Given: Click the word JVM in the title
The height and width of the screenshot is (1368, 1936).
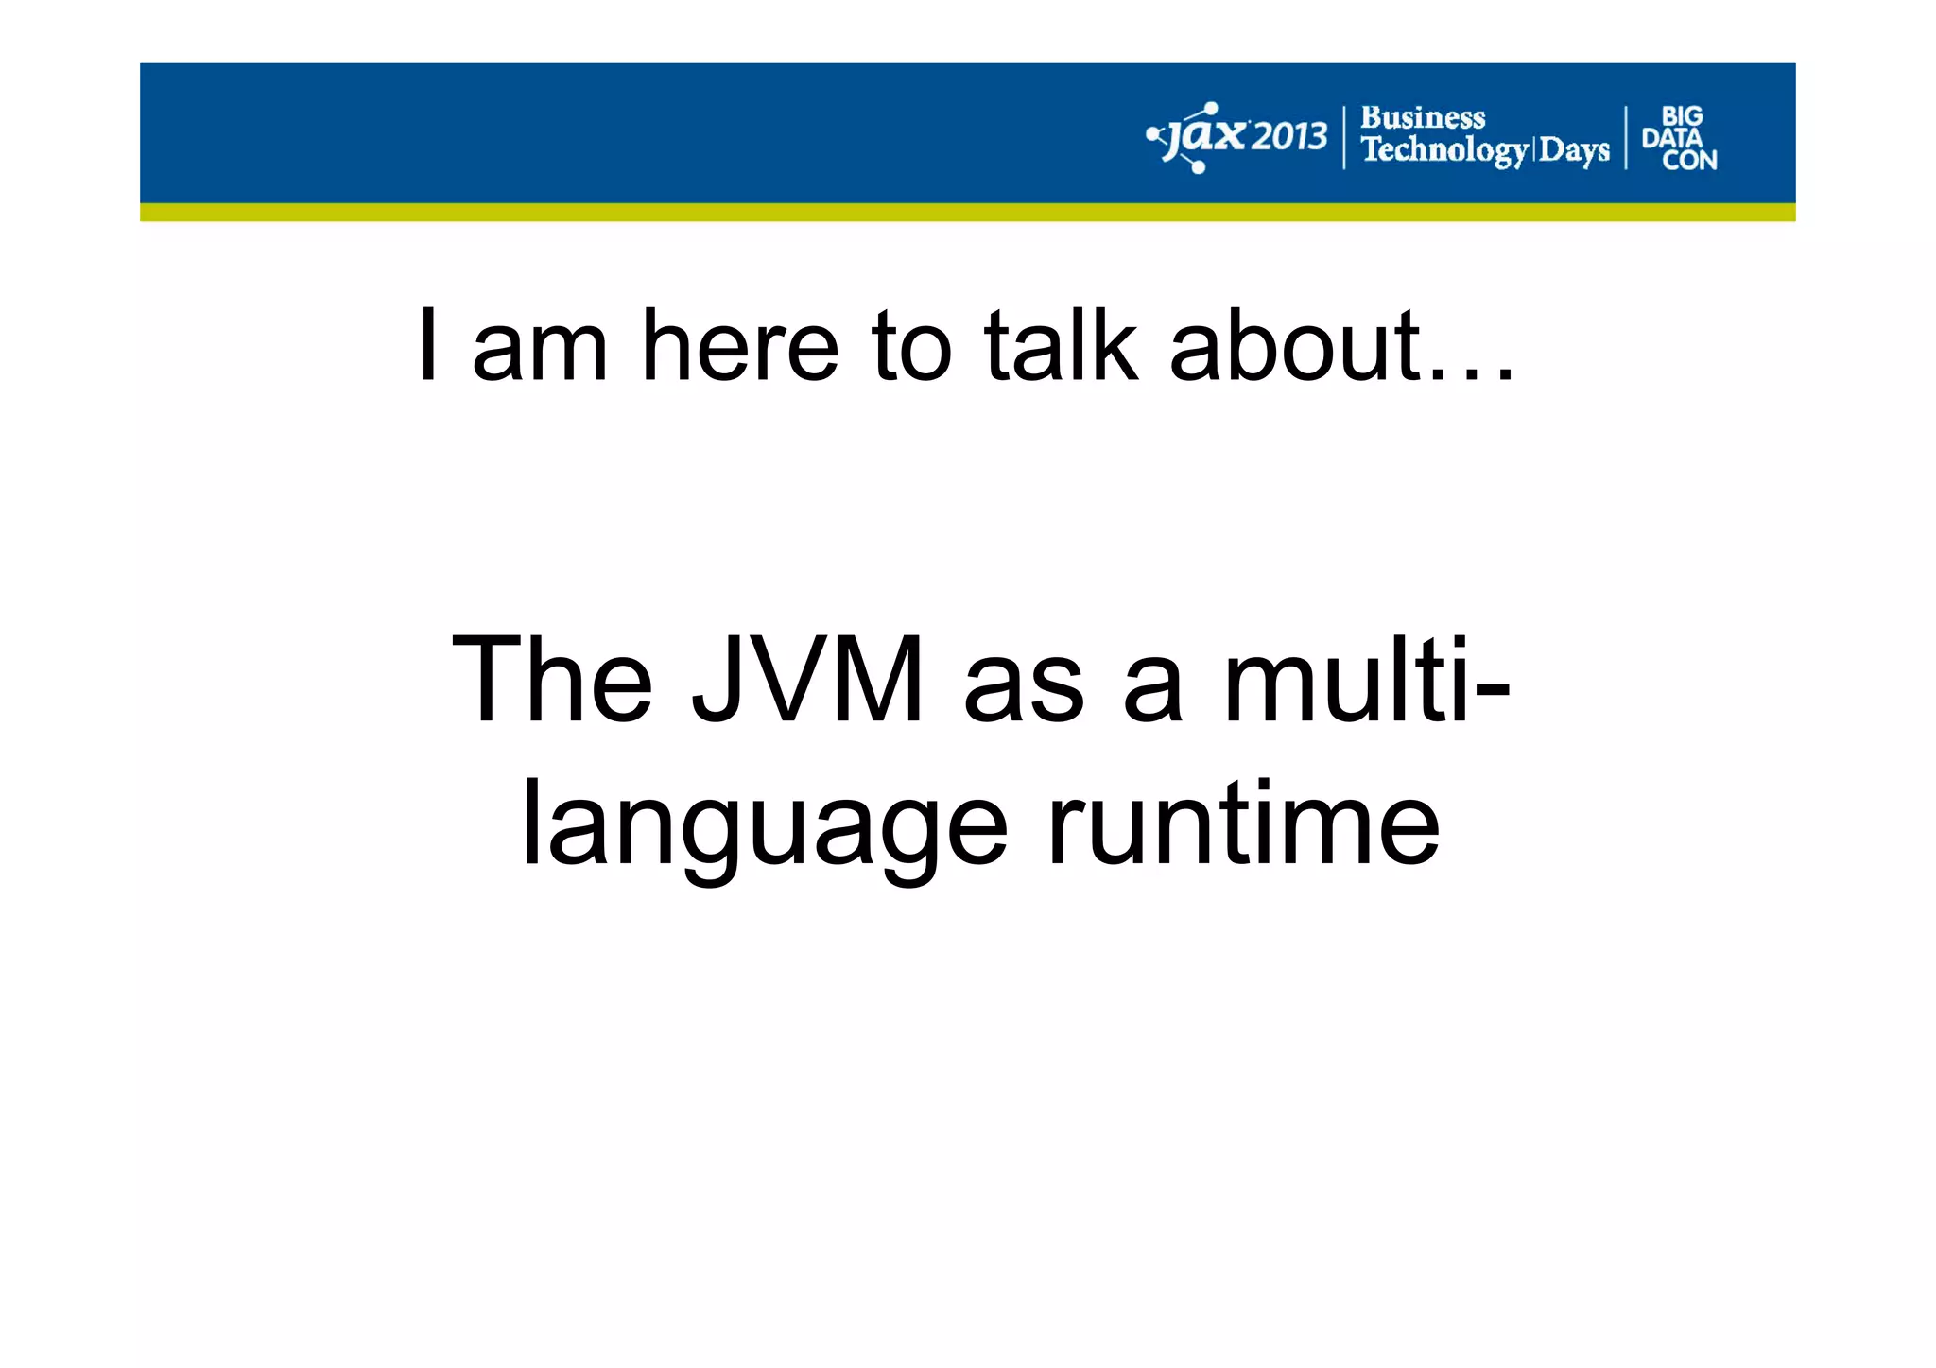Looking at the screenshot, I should (x=807, y=679).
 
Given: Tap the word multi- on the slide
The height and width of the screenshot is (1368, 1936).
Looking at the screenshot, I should (x=1366, y=679).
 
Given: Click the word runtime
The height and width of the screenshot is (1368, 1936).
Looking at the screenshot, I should (x=1243, y=824).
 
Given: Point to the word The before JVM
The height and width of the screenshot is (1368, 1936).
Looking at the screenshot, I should (x=552, y=679).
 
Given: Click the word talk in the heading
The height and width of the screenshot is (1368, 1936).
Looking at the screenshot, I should (x=1060, y=346).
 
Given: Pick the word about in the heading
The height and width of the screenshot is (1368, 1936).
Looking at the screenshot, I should (x=1295, y=346).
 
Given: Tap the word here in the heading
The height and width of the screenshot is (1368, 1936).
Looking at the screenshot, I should (x=739, y=346).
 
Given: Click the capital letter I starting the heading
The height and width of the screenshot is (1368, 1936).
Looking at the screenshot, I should (x=428, y=346).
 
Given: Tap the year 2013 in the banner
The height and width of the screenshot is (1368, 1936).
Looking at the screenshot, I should (x=1290, y=138).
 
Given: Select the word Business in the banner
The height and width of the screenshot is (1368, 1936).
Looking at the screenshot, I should (x=1422, y=118).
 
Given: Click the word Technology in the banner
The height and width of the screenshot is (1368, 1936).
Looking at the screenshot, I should (x=1443, y=150).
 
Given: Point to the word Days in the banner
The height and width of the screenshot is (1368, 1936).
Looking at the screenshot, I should (x=1574, y=150).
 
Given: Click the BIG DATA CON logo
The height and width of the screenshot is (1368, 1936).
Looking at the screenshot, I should (x=1679, y=138).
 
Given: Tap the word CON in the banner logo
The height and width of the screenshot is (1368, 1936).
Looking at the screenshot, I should (x=1689, y=161).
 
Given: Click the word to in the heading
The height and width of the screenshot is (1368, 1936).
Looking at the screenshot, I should (x=909, y=346).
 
